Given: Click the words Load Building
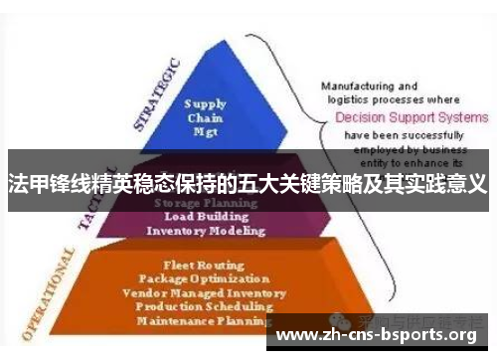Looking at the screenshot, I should point(206,217).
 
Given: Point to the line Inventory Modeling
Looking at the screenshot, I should point(206,231).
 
